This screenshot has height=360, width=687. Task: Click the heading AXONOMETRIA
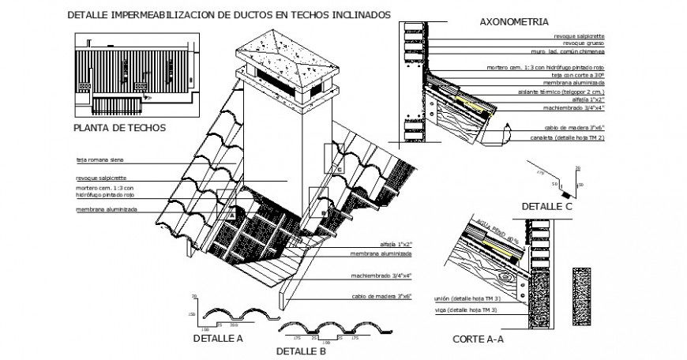pos(516,22)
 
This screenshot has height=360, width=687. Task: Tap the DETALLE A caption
pos(217,338)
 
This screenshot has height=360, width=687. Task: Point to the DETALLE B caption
pos(301,351)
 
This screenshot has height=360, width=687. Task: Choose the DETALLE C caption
pos(546,206)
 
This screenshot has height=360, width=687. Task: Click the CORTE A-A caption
pos(478,339)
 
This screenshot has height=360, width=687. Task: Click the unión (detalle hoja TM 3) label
pos(465,299)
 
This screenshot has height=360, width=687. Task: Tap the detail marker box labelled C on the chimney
pos(338,167)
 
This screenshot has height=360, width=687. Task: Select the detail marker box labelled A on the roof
pos(231,211)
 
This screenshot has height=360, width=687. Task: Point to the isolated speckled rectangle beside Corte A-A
pos(583,291)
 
